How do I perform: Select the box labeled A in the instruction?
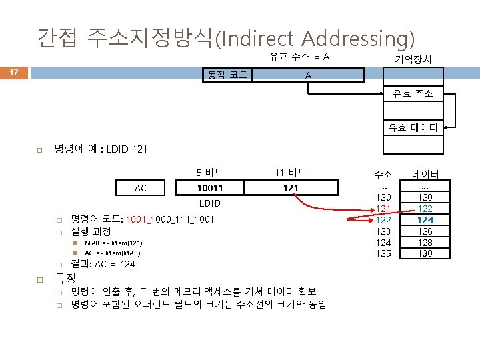[x=307, y=75]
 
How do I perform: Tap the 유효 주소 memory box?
[x=413, y=94]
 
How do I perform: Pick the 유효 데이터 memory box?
[x=413, y=127]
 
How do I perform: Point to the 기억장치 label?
[x=413, y=60]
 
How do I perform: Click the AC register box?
[x=141, y=188]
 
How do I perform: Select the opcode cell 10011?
[x=211, y=188]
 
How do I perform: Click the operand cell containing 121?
[x=290, y=188]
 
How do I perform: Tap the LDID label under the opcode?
[x=211, y=202]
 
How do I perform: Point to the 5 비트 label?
[x=210, y=172]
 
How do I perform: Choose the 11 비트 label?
[x=290, y=172]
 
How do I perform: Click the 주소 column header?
[x=383, y=175]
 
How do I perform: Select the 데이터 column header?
[x=425, y=175]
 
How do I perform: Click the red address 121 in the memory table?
[x=383, y=209]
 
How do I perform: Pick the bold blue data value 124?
[x=425, y=220]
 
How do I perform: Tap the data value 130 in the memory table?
[x=425, y=253]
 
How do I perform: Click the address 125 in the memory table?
[x=383, y=253]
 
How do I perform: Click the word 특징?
[x=65, y=277]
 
